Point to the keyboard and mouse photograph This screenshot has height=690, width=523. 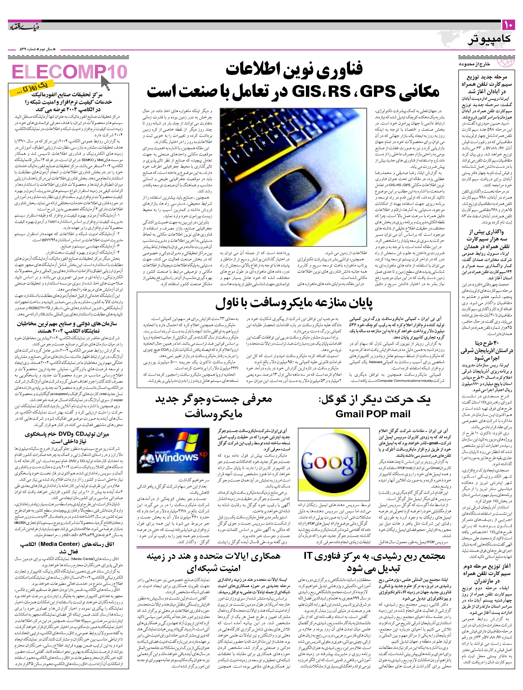pyautogui.click(x=293, y=177)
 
